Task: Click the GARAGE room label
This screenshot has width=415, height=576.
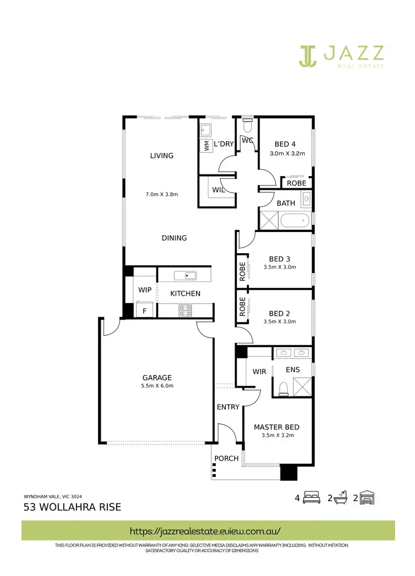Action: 157,378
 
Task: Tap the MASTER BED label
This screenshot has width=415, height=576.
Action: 277,427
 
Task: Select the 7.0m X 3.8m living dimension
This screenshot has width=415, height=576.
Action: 162,194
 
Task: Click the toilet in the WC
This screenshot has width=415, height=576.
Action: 247,120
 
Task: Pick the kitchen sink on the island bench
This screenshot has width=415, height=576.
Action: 186,275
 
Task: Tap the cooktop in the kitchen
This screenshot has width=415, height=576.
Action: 185,311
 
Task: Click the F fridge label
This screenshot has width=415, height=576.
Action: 144,311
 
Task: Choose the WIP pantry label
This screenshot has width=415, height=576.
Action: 145,290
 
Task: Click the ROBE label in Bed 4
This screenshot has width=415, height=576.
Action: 297,183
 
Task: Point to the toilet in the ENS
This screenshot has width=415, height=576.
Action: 283,388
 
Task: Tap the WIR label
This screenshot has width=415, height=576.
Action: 260,371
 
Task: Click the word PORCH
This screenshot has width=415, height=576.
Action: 226,458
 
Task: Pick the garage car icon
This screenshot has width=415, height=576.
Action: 368,497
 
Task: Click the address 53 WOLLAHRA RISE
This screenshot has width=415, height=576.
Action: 72,507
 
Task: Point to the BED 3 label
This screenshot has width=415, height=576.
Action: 280,259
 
